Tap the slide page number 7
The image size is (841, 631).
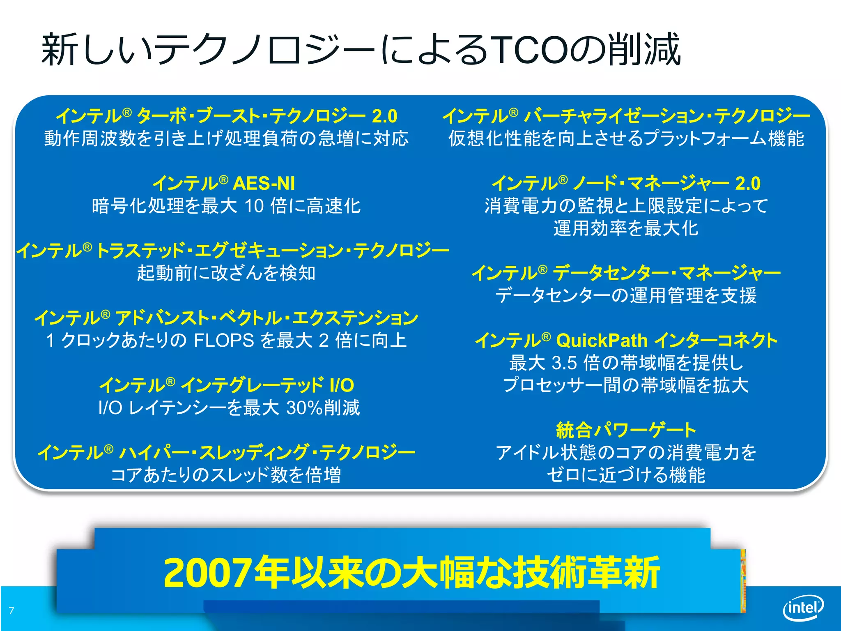point(11,610)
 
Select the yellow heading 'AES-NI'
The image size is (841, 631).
point(264,183)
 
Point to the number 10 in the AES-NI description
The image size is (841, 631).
point(254,206)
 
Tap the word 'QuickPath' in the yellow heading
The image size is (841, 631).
point(602,341)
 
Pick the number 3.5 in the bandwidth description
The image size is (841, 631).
point(564,363)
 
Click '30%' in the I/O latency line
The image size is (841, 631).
point(304,408)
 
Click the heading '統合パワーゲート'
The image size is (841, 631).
point(626,430)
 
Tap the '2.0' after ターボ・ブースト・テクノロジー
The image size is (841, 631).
point(384,116)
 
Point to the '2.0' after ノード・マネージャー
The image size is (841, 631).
point(748,183)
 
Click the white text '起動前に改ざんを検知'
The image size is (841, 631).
point(226,273)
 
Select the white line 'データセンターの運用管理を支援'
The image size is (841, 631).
point(626,296)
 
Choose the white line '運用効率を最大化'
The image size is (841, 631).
point(626,228)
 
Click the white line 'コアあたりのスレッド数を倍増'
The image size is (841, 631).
point(226,475)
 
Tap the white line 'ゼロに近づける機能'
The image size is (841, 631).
point(626,475)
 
